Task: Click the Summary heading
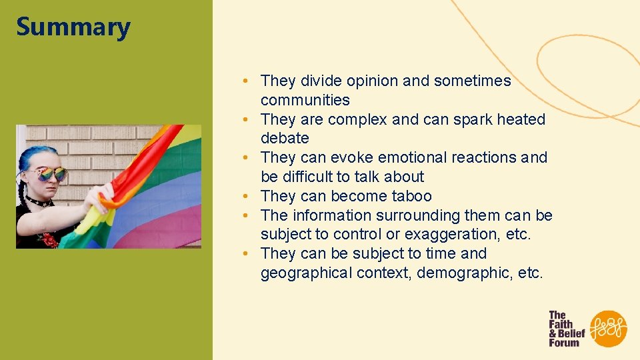73,28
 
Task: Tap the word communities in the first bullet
305,100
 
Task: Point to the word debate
285,138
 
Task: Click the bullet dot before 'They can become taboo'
246,196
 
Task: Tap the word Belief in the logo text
571,333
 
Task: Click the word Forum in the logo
564,343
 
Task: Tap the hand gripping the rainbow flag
100,203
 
